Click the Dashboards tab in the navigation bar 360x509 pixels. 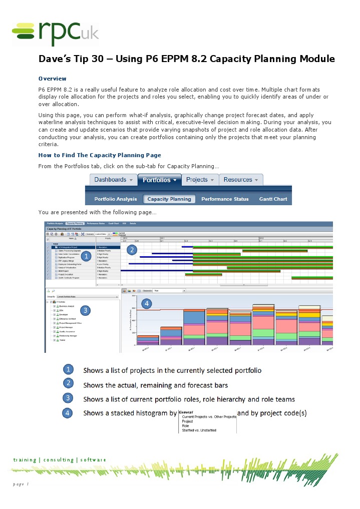click(x=113, y=180)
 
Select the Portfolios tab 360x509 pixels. click(x=160, y=180)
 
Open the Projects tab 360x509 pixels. click(x=200, y=180)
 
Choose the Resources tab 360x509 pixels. click(x=241, y=180)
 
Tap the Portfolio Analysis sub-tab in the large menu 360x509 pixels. click(x=116, y=199)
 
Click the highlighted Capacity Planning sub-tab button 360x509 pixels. click(x=169, y=199)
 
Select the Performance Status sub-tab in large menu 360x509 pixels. click(x=225, y=199)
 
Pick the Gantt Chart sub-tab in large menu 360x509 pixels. click(x=273, y=199)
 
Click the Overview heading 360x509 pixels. click(x=53, y=79)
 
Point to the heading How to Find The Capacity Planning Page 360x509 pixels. click(x=100, y=155)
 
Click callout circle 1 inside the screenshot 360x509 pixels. click(x=86, y=256)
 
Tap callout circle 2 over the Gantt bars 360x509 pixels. click(x=132, y=249)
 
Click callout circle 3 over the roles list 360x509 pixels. click(x=86, y=310)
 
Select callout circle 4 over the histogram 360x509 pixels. click(x=146, y=303)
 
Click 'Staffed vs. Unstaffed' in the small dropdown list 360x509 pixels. click(x=199, y=430)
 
